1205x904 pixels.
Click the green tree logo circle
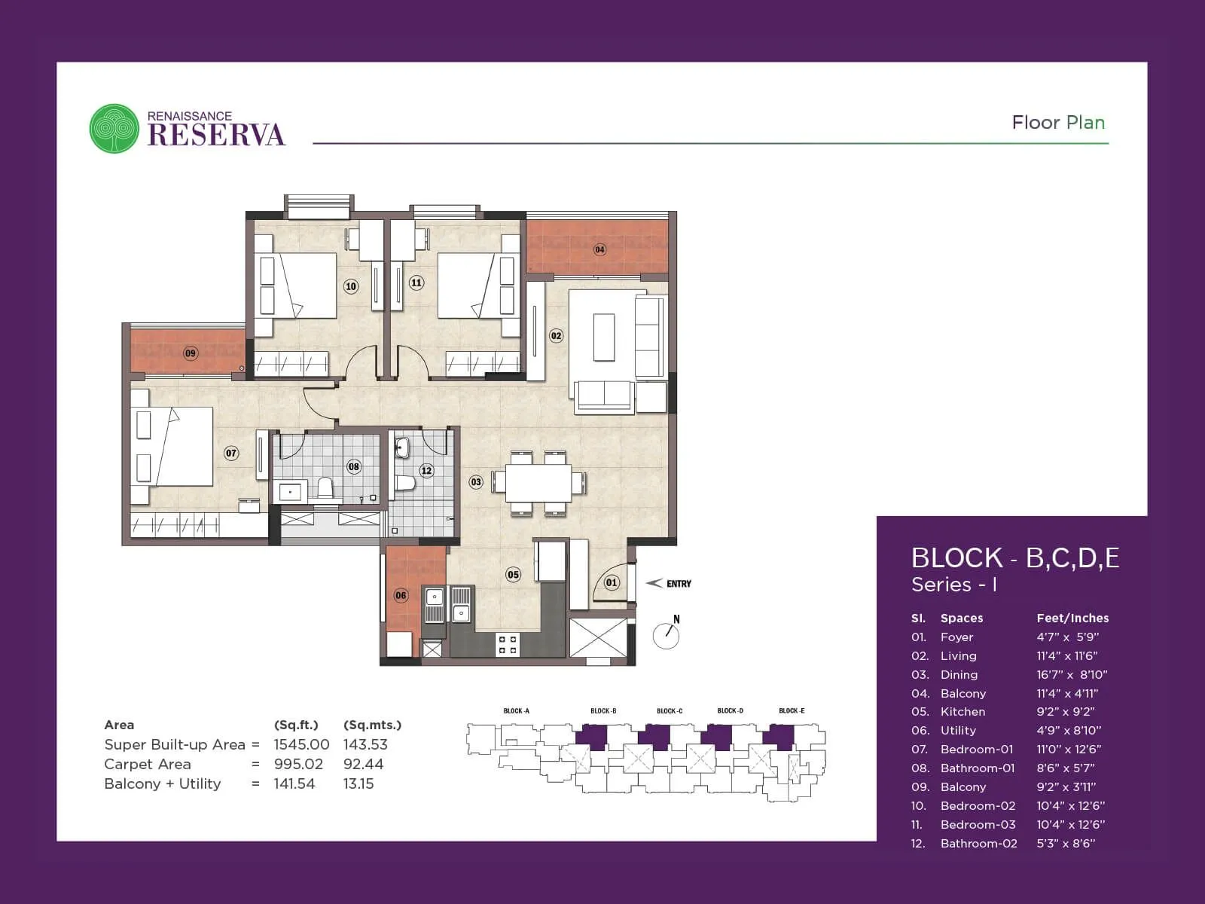114,128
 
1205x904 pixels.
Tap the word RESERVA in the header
217,135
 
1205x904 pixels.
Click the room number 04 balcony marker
599,249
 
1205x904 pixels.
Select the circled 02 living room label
556,335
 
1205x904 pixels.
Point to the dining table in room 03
538,483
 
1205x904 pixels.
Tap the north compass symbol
667,634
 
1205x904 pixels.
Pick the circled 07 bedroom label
231,453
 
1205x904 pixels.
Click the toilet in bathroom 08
325,488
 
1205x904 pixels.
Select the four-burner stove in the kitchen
507,644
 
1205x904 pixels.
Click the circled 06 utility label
401,595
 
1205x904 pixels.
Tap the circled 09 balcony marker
191,353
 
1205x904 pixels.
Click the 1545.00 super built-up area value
301,744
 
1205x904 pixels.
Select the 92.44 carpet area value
363,764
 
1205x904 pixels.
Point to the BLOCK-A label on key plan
516,710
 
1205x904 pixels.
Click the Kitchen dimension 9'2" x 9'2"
1065,711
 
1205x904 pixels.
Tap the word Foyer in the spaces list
956,637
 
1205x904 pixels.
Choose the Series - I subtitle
953,585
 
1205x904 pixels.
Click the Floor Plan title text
1057,122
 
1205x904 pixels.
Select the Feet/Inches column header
1072,618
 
